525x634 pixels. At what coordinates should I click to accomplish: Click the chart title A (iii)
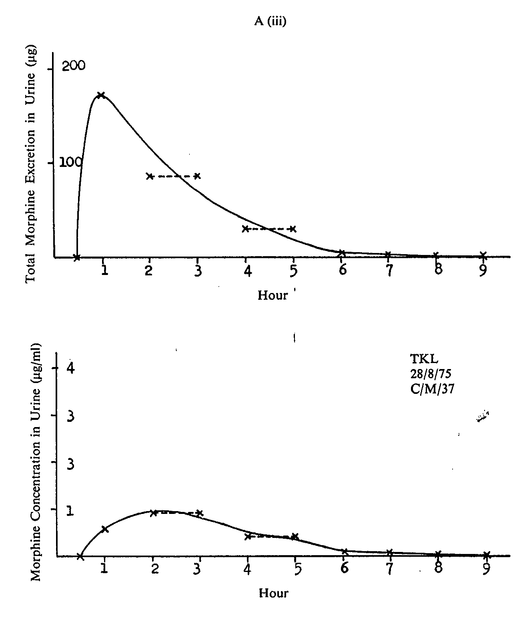[270, 22]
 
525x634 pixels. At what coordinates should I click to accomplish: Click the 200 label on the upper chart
[73, 66]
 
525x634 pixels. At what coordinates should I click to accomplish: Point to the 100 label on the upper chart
[71, 162]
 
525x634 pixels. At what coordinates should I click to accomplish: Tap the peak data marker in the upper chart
[101, 95]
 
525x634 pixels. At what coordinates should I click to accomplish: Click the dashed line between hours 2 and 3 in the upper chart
[173, 176]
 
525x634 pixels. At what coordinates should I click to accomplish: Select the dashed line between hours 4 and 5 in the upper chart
[269, 229]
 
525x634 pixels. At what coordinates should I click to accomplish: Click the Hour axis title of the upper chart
[273, 295]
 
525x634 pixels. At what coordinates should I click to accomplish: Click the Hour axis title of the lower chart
[273, 593]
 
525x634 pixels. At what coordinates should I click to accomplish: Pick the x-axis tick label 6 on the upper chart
[342, 270]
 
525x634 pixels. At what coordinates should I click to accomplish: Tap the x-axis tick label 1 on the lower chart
[104, 569]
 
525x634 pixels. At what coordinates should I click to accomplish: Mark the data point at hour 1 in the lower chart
[105, 529]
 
